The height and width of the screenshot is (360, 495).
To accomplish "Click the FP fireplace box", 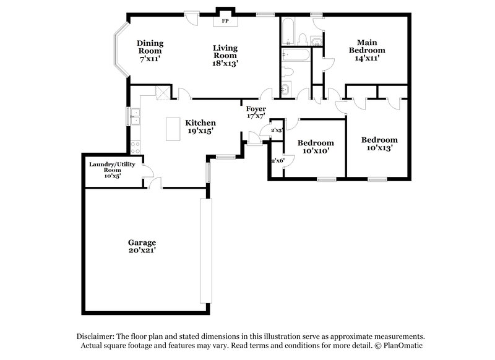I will click(225, 20).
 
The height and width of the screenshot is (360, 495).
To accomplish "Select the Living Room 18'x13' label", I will click(225, 55).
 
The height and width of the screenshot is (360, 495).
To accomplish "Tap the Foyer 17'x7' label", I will click(256, 113).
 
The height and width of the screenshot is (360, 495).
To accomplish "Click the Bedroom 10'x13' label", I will click(379, 144).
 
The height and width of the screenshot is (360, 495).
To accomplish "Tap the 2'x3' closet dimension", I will click(277, 131).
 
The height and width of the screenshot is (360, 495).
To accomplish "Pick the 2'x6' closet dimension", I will click(277, 161).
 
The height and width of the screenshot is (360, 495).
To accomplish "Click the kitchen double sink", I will click(134, 115).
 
